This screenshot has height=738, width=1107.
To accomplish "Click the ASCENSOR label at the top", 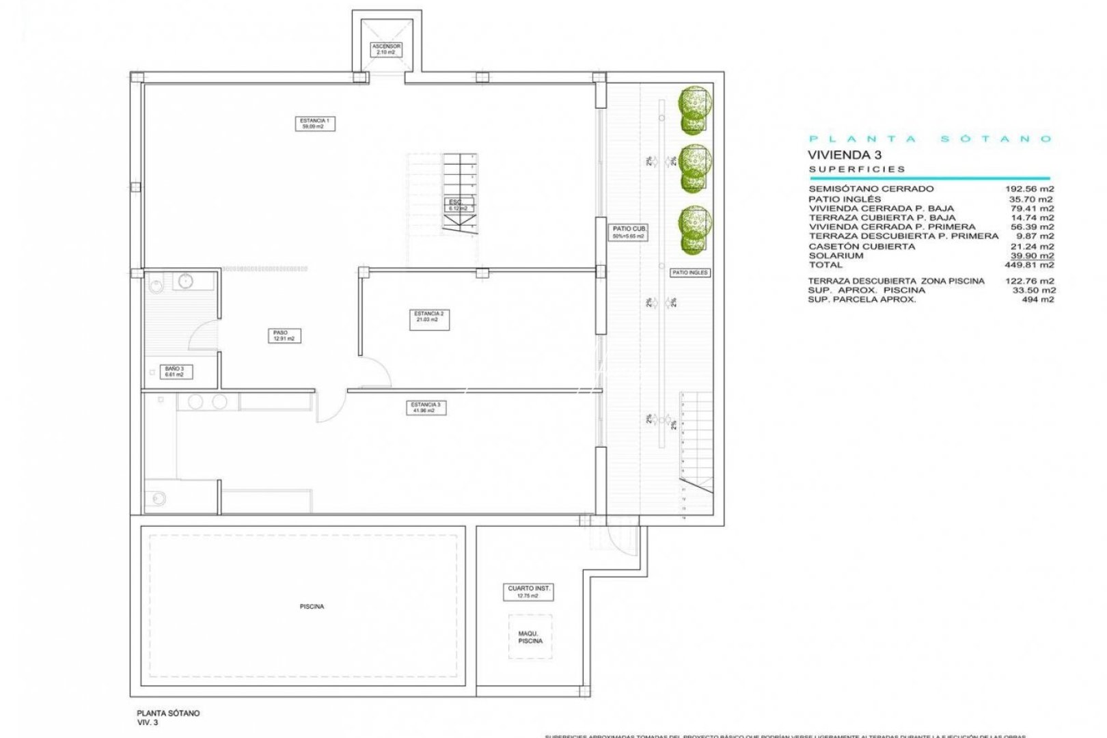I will [x=386, y=49].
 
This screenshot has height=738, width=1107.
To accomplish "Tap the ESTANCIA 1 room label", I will [x=315, y=124].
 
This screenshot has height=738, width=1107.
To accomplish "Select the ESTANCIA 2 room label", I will [x=429, y=317].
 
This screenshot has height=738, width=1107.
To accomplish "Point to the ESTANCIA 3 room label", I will [x=425, y=408].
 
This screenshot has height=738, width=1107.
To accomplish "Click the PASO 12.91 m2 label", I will [x=284, y=336].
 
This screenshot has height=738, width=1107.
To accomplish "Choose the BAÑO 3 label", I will [x=174, y=372].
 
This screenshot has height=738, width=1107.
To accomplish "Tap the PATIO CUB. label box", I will [x=628, y=232].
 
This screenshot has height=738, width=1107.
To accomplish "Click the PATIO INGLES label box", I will [x=690, y=273].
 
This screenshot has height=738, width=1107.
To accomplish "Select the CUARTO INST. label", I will [x=529, y=592].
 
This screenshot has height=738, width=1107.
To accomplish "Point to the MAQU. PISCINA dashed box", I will [x=530, y=637].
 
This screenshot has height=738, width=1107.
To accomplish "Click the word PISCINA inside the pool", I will [x=312, y=607].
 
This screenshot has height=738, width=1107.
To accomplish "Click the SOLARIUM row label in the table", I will [x=836, y=256].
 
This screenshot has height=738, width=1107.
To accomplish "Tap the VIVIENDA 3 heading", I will [x=845, y=155].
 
